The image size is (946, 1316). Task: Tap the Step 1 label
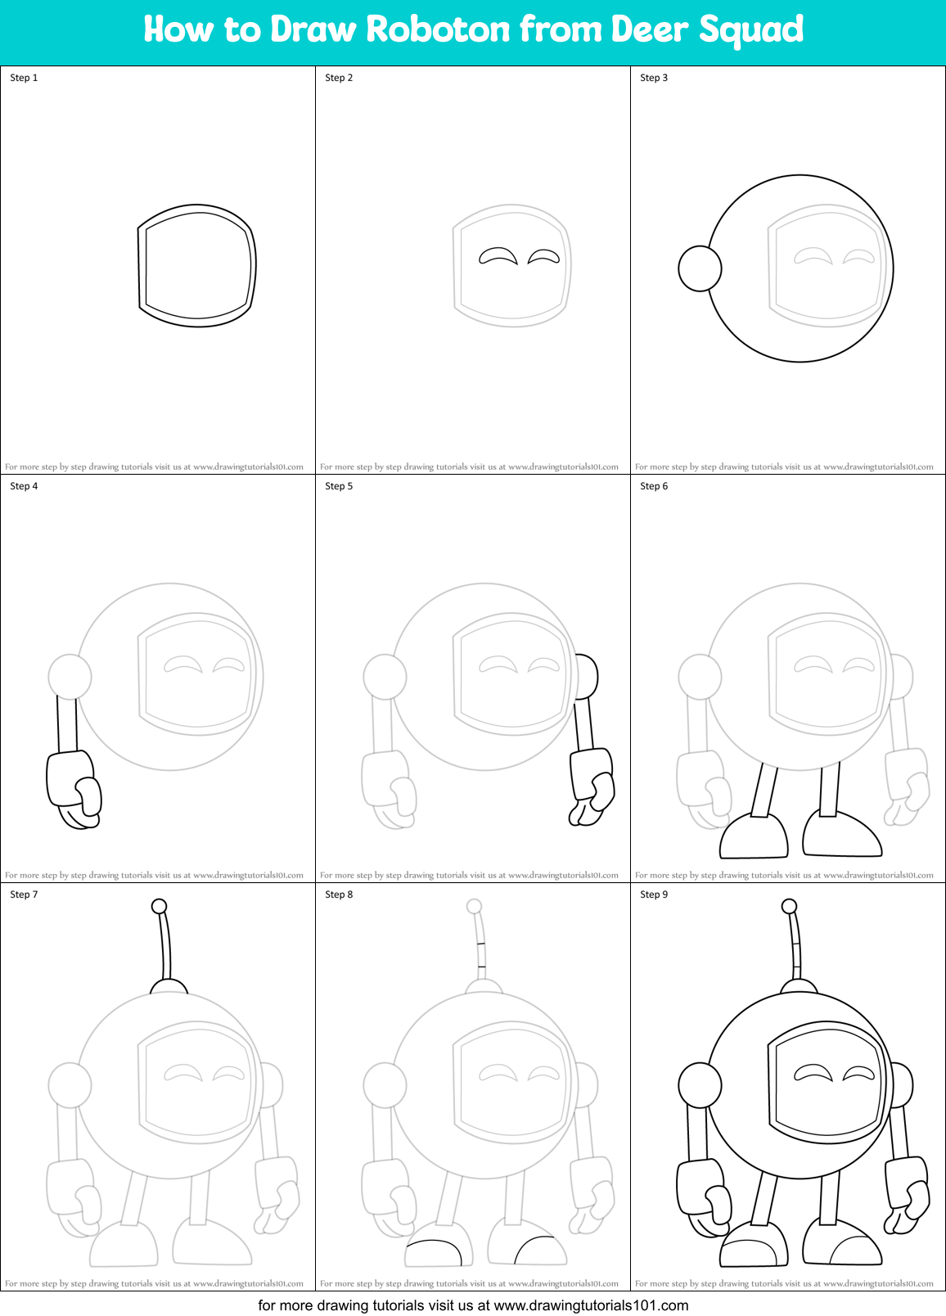tap(24, 78)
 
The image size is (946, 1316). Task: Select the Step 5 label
tap(339, 486)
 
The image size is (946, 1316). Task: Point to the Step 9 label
tap(654, 895)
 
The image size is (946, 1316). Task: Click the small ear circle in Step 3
tap(700, 268)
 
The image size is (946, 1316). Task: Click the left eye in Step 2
tap(498, 257)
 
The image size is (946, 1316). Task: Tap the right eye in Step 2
tap(543, 257)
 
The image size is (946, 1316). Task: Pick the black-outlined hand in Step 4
tap(74, 787)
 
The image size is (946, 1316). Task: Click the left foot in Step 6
tap(754, 836)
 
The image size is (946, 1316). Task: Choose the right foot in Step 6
tap(841, 835)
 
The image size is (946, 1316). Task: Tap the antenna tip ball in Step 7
tap(160, 906)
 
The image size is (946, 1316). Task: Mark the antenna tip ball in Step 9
tap(789, 906)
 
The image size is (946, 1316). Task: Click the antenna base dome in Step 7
tap(169, 987)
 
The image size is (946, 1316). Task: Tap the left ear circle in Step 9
tap(700, 1085)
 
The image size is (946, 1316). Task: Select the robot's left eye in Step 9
tap(813, 1073)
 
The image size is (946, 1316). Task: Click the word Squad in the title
tap(750, 29)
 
